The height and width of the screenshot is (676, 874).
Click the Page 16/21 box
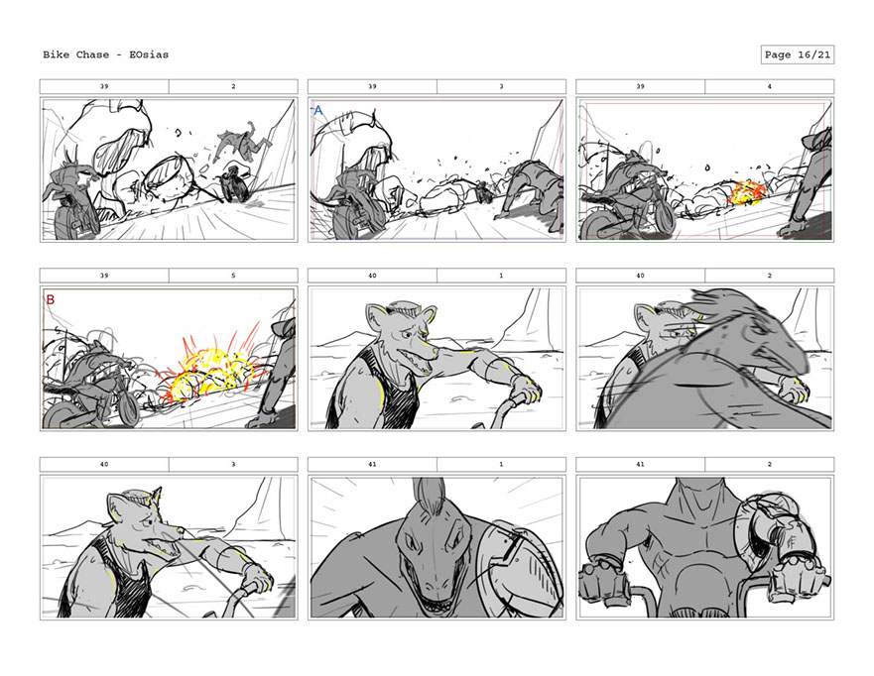point(797,55)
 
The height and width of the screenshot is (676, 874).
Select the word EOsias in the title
point(149,55)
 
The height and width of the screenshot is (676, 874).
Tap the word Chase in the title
point(92,55)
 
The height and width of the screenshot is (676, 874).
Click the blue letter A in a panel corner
point(318,110)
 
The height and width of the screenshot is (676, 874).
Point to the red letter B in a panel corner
point(51,299)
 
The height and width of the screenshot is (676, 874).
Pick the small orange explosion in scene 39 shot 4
point(748,192)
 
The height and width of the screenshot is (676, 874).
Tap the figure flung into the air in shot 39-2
point(242,142)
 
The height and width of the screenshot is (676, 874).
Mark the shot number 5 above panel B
point(233,276)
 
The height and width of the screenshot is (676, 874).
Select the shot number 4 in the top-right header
point(770,86)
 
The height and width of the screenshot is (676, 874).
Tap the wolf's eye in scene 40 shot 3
point(146,520)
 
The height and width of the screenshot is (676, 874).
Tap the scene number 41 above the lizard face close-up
point(372,464)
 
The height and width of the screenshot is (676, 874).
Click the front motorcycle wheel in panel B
point(128,406)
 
